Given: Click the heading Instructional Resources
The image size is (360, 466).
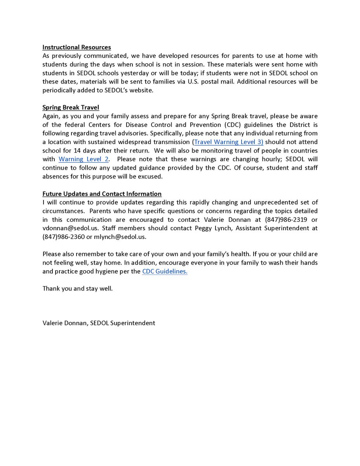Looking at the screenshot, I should click(x=77, y=47).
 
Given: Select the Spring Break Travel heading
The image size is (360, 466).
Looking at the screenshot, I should click(x=71, y=108).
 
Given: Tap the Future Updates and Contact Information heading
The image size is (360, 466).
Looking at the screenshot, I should click(x=102, y=194).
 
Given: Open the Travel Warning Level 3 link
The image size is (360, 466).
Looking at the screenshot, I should click(x=229, y=142).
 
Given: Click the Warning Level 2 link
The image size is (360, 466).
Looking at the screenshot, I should click(x=83, y=159).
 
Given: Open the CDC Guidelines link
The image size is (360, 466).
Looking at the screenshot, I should click(x=165, y=271).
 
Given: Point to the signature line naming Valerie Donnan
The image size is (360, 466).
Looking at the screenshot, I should click(x=99, y=323).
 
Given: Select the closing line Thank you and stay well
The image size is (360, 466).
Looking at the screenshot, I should click(x=78, y=289).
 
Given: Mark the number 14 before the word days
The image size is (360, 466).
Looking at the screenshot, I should click(x=77, y=151).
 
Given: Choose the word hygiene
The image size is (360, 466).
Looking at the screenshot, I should click(x=108, y=271).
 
